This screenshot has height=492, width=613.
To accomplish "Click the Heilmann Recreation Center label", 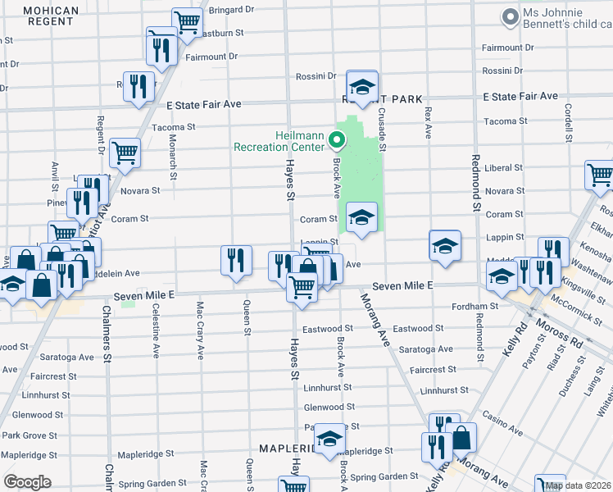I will pyautogui.click(x=279, y=141).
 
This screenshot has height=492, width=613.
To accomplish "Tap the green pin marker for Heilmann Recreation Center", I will pyautogui.click(x=336, y=140).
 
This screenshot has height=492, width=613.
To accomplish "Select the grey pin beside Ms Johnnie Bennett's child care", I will pyautogui.click(x=510, y=16).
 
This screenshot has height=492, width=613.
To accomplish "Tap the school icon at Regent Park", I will pyautogui.click(x=362, y=86).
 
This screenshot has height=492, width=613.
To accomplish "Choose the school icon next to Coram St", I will pyautogui.click(x=362, y=217).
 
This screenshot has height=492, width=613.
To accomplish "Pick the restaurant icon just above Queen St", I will pyautogui.click(x=236, y=260).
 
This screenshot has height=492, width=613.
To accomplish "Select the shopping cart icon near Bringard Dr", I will pyautogui.click(x=188, y=22).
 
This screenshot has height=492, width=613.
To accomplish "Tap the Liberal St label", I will pyautogui.click(x=503, y=168).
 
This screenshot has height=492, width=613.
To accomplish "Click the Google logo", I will pyautogui.click(x=27, y=482).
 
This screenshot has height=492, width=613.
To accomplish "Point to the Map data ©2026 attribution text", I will pyautogui.click(x=578, y=485).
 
